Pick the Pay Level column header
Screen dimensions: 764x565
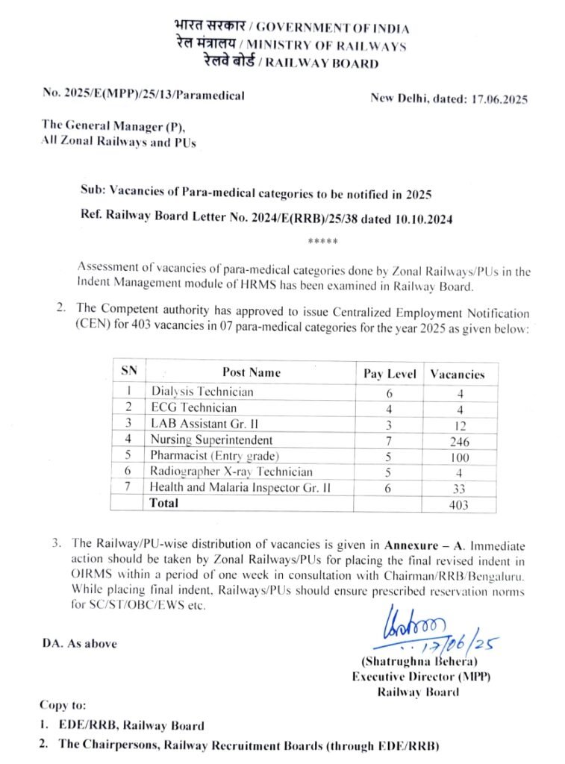point(390,374)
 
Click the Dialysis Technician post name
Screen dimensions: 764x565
point(202,392)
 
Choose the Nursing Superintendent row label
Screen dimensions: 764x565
point(212,440)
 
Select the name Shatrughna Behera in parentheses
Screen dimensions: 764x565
point(419,662)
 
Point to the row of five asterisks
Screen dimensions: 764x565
point(322,242)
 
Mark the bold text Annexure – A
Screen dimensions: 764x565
point(417,544)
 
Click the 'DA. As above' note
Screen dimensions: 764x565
point(80,643)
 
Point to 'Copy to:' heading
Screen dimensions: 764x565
point(63,704)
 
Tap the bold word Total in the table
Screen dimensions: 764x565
point(165,504)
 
